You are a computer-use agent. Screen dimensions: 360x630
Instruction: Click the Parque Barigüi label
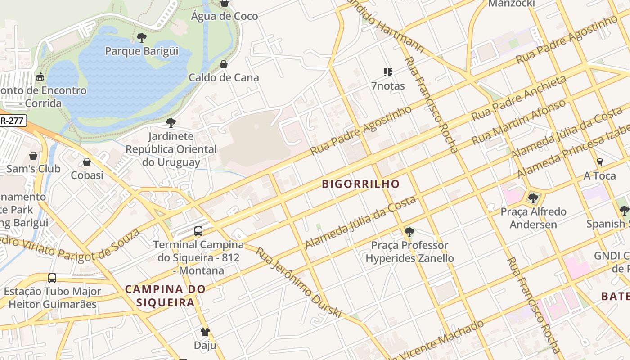pos(142,51)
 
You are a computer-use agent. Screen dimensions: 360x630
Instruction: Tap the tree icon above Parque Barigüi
pos(142,38)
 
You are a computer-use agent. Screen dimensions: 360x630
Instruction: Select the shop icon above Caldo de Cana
pos(224,64)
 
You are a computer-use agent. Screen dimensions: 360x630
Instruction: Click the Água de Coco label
pos(225,16)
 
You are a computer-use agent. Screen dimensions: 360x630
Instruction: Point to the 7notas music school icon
pos(388,72)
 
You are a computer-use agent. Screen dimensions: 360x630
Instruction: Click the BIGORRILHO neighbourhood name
pos(361,184)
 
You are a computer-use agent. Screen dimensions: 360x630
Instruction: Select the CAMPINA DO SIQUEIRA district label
pos(166,296)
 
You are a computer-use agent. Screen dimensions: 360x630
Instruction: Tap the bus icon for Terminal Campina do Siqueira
pos(198,231)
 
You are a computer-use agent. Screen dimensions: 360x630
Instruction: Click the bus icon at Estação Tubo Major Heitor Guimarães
pos(52,278)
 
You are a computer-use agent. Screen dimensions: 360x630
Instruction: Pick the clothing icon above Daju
pos(205,332)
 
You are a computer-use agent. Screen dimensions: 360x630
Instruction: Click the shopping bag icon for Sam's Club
pos(33,156)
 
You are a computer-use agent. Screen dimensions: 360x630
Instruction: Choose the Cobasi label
pos(87,175)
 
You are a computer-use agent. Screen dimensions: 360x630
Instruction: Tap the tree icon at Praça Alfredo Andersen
pos(533,198)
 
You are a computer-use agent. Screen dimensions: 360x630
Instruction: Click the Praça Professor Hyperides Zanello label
pos(409,252)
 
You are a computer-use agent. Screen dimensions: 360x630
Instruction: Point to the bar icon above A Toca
pos(599,162)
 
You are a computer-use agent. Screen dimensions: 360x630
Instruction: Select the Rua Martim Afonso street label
pos(518,122)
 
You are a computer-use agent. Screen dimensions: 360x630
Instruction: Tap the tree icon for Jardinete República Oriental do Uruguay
pos(171,123)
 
